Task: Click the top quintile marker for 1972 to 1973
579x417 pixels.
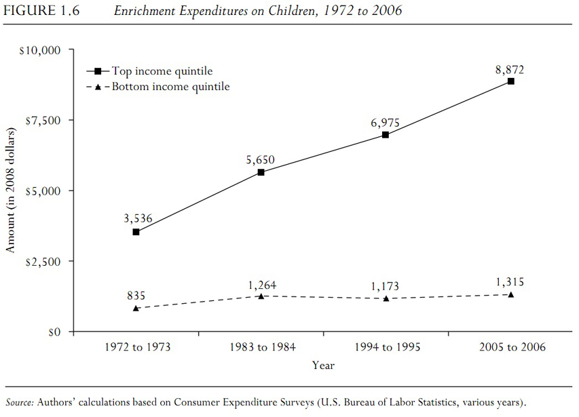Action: click(136, 232)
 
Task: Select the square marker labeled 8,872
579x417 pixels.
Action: click(510, 81)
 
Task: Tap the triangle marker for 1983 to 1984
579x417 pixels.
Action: click(261, 296)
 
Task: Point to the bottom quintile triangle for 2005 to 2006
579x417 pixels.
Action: click(510, 294)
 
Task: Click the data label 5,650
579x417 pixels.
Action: click(261, 161)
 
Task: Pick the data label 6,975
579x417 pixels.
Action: click(385, 123)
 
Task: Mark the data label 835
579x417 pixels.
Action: click(136, 296)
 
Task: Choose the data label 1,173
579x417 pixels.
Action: click(385, 286)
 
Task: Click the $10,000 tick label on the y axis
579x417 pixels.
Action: click(40, 50)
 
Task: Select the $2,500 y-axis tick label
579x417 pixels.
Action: click(43, 262)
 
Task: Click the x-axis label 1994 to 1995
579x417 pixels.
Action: click(388, 347)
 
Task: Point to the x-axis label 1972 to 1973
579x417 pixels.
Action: click(138, 347)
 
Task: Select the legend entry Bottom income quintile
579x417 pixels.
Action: click(170, 87)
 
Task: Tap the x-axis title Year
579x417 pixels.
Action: click(323, 365)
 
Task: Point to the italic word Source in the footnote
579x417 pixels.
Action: click(19, 402)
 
